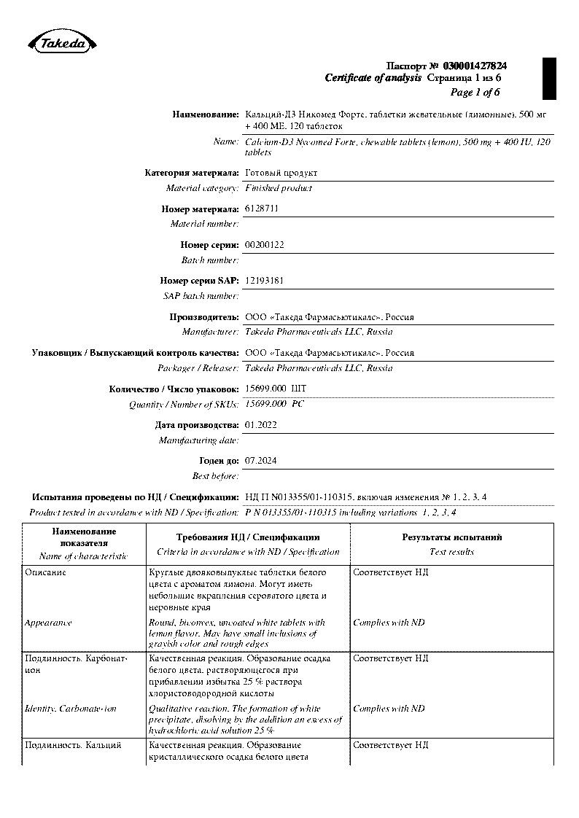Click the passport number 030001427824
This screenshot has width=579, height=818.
pos(474,66)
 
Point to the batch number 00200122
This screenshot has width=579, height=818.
pos(265,245)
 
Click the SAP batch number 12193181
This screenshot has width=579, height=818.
pos(265,281)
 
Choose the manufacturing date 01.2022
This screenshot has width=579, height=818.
pos(261,424)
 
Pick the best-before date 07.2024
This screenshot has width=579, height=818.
pos(261,461)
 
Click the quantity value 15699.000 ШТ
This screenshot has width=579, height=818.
pos(276,389)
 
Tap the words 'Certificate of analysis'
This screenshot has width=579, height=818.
pos(373,78)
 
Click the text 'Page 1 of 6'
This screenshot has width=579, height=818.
pos(475,93)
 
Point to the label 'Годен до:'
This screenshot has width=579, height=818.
pos(219,461)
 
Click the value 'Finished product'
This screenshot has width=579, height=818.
pos(279,188)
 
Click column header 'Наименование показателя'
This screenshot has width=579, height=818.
pos(83,538)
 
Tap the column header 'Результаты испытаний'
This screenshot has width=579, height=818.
pos(452,538)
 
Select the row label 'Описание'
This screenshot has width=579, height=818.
pos(45,572)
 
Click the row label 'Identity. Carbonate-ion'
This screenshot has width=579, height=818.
pos(70,709)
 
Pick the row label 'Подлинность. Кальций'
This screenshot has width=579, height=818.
pos(73,745)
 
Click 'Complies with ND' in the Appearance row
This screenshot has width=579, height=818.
pos(389,623)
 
